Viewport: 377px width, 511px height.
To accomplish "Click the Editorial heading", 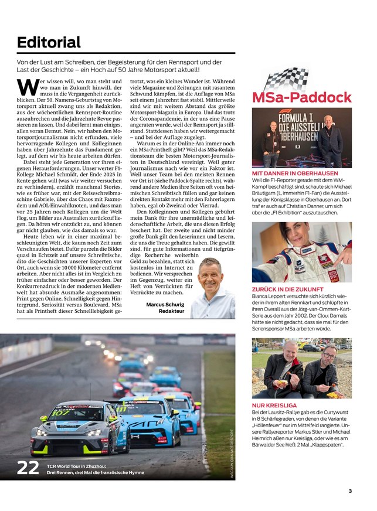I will (49, 42).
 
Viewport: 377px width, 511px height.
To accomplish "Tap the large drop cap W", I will (28, 87).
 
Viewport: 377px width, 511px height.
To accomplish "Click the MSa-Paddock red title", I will (301, 97).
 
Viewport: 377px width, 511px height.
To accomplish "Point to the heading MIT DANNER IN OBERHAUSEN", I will (294, 173).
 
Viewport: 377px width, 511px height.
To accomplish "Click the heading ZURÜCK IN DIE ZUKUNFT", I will (287, 289).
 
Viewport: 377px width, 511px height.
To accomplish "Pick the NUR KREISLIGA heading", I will (274, 405).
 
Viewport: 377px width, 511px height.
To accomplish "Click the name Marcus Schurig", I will (165, 305).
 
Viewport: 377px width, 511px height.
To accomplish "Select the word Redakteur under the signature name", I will (171, 312).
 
